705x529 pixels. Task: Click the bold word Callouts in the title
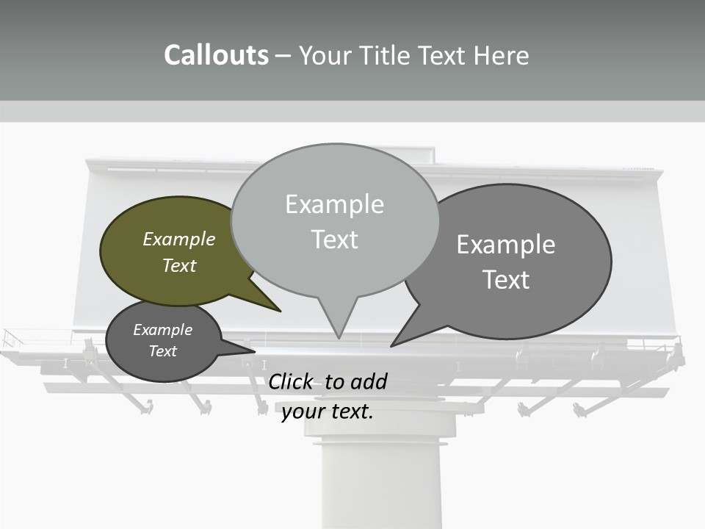pyautogui.click(x=216, y=55)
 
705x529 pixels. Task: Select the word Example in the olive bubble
pyautogui.click(x=179, y=239)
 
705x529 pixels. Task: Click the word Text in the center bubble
pyautogui.click(x=335, y=240)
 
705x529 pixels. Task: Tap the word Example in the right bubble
pyautogui.click(x=506, y=245)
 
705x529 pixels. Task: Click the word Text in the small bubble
pyautogui.click(x=163, y=351)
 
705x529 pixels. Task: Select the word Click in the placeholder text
pyautogui.click(x=293, y=381)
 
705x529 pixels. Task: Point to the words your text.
pyautogui.click(x=328, y=411)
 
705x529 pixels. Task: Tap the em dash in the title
pyautogui.click(x=283, y=55)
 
